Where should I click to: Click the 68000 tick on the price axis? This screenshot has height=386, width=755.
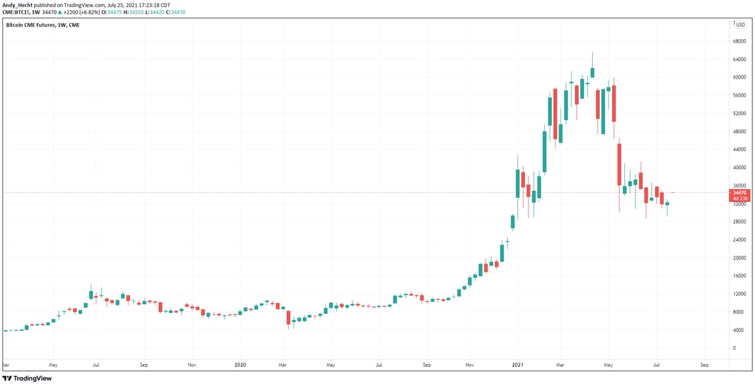point(740,40)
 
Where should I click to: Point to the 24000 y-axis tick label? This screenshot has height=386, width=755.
point(740,240)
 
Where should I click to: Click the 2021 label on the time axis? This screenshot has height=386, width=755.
point(517,365)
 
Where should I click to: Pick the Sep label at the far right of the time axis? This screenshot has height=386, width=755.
point(704,365)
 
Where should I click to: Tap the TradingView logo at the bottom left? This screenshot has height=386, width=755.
point(27,378)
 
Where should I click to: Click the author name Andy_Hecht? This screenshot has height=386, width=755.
point(18,4)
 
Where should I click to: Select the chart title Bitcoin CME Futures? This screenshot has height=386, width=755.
point(29,25)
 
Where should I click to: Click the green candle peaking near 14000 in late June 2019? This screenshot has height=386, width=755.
point(90,294)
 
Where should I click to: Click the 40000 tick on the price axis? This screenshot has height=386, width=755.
point(740,168)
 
